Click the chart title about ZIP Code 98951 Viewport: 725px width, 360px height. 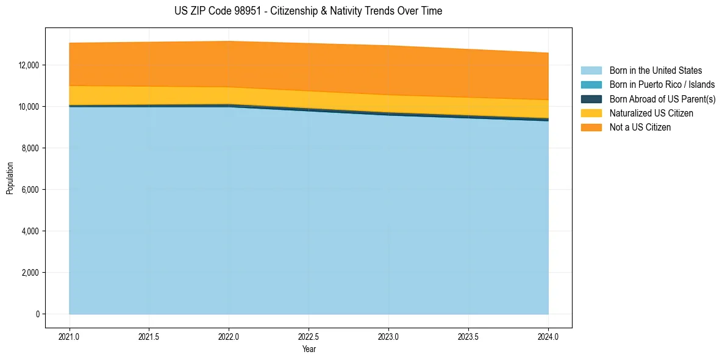tap(308, 11)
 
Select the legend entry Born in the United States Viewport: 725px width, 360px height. tap(655, 71)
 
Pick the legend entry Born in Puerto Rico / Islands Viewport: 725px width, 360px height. tap(662, 85)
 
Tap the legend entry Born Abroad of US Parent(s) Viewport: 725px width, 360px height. tap(662, 99)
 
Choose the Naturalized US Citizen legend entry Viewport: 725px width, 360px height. tap(651, 113)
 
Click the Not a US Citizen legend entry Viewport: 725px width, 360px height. tap(640, 127)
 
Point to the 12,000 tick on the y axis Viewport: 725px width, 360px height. tap(29, 65)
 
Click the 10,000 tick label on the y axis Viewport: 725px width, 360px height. tap(29, 107)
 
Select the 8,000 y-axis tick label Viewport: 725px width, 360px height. tap(30, 148)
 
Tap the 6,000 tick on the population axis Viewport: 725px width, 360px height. tap(30, 190)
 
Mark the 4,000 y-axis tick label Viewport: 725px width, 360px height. tap(30, 231)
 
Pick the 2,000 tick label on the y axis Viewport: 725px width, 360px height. tap(30, 273)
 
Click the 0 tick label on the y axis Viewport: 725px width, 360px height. tap(37, 314)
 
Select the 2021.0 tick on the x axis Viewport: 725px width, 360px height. tap(69, 336)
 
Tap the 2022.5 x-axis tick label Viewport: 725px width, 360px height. tap(309, 336)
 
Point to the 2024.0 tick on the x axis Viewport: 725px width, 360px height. tap(548, 336)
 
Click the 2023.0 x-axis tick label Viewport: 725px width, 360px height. tap(388, 336)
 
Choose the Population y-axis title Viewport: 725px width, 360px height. tap(10, 178)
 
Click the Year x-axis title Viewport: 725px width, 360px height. tap(309, 350)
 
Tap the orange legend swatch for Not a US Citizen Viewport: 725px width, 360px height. tap(591, 127)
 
